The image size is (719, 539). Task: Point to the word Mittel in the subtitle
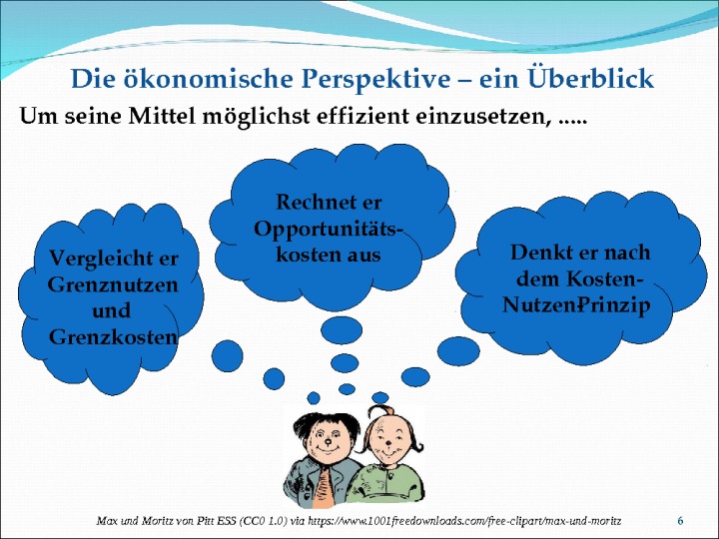click(x=163, y=116)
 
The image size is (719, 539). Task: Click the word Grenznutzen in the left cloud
click(x=113, y=284)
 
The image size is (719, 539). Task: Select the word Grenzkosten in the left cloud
click(x=113, y=337)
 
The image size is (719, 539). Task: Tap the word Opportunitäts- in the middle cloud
click(x=329, y=230)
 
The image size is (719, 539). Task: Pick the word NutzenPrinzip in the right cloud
click(x=576, y=305)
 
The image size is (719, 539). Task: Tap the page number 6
click(x=680, y=521)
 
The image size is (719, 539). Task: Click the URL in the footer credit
click(x=464, y=521)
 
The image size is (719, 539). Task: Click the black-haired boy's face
click(x=327, y=438)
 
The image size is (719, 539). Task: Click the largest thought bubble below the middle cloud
click(x=342, y=330)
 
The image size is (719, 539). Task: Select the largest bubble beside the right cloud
click(x=458, y=351)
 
